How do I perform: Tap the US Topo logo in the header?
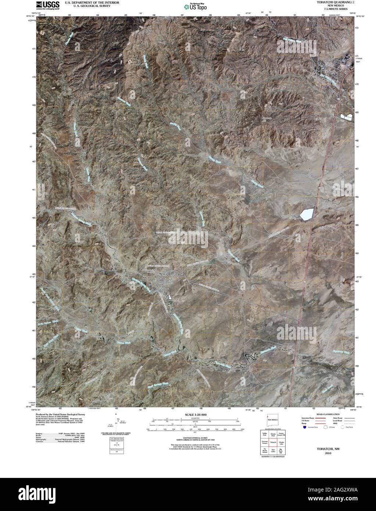(196, 6)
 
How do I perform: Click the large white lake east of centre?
(307, 214)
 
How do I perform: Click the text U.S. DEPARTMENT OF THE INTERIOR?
(91, 2)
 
